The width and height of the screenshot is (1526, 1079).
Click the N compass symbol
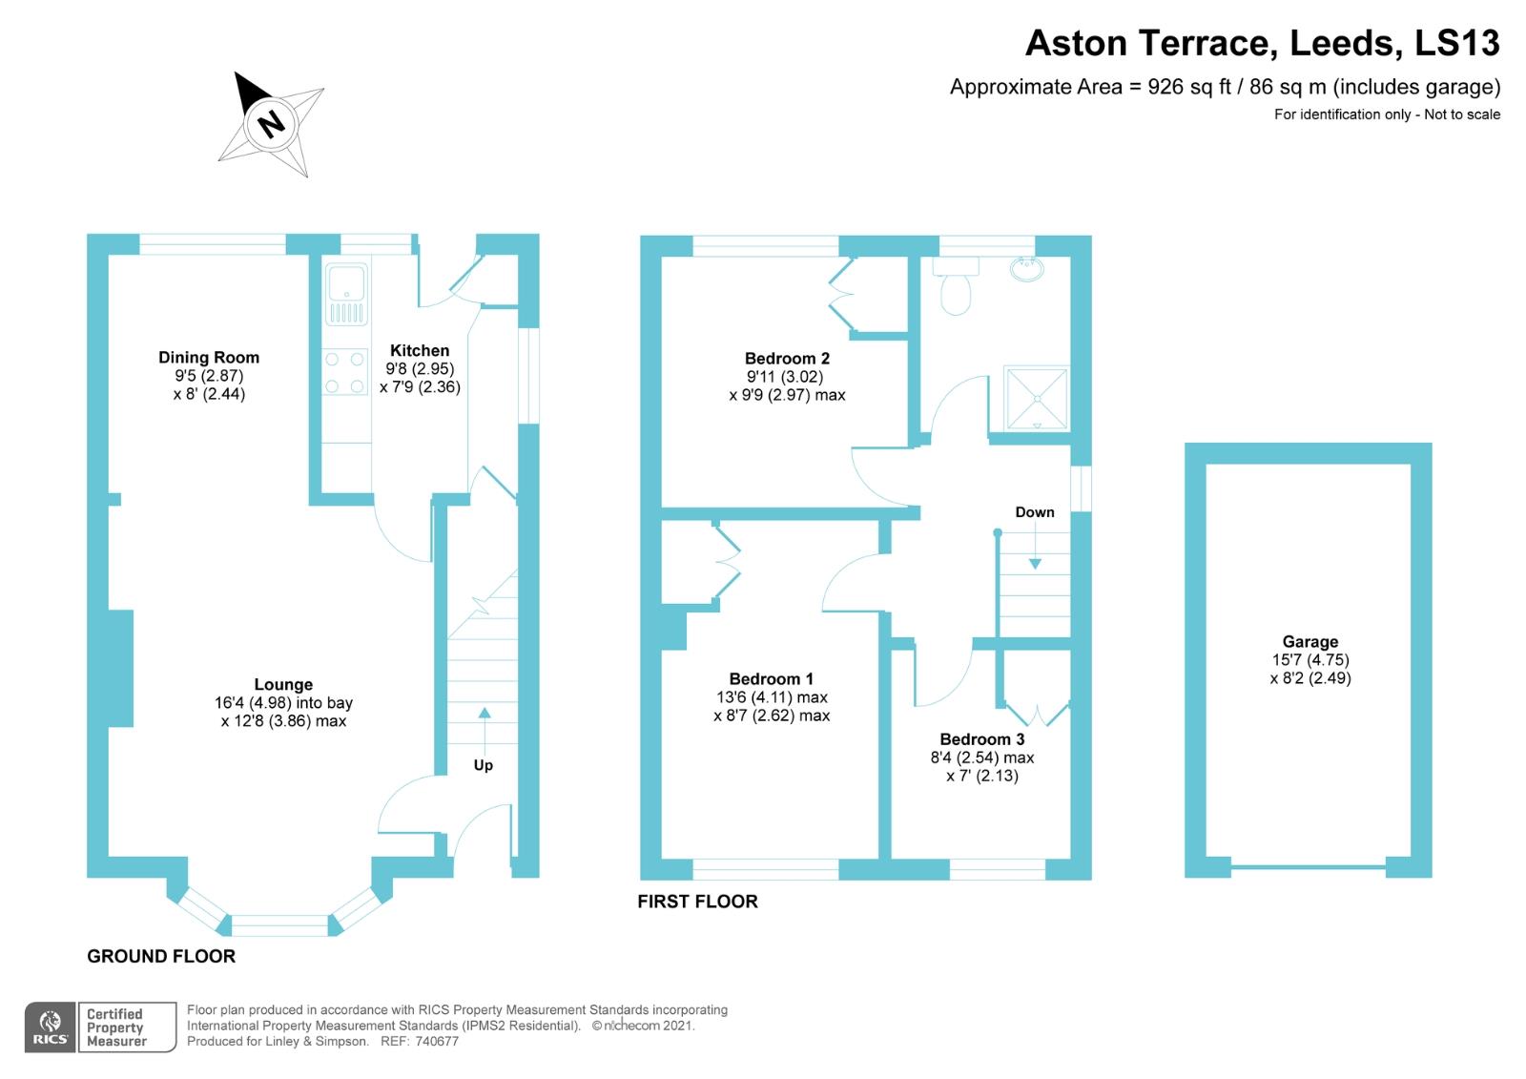point(272,123)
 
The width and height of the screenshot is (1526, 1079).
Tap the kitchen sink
point(345,294)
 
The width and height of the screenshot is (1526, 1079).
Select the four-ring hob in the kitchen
point(345,373)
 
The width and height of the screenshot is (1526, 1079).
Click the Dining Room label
point(209,358)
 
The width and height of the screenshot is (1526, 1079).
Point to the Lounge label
point(283,685)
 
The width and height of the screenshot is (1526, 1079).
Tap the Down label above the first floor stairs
point(1034,512)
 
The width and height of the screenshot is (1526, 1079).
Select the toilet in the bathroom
point(956,285)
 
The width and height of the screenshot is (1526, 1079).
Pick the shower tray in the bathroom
point(1035,399)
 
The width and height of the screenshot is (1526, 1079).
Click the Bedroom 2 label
point(787,359)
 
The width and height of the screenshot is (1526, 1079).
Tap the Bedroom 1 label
point(771,679)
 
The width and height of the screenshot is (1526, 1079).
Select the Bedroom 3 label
point(981,739)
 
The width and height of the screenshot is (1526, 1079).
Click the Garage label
point(1309,642)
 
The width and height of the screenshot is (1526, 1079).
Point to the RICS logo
point(50,1027)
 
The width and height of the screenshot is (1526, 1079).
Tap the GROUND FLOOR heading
point(161,957)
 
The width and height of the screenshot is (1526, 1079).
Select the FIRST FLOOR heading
point(697,903)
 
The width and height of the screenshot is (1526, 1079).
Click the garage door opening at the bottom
point(1308,867)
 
